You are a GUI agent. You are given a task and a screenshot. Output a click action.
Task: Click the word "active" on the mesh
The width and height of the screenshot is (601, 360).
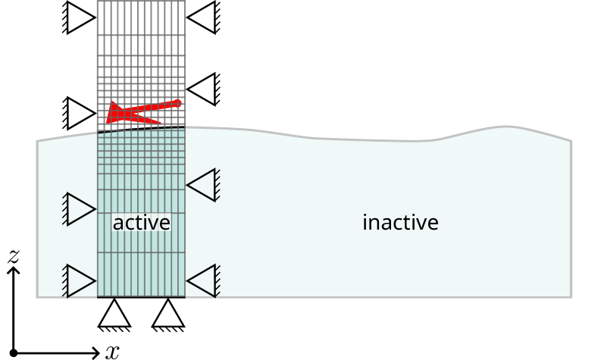click(141, 223)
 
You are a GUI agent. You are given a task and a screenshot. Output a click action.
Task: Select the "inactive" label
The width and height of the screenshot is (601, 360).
click(400, 223)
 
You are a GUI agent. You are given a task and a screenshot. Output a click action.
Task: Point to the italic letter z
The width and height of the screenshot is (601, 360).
click(13, 258)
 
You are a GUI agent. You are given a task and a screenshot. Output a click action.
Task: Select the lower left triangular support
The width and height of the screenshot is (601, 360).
click(80, 281)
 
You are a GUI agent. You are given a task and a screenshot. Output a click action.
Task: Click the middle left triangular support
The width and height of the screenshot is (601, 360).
click(80, 209)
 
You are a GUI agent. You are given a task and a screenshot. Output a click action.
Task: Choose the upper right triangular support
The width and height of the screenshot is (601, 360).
click(202, 185)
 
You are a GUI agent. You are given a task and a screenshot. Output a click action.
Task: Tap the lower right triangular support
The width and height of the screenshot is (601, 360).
click(202, 281)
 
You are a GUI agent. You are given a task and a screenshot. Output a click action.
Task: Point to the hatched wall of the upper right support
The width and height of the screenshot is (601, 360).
click(217, 185)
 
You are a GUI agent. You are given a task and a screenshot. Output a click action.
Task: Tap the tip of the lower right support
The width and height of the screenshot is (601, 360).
click(188, 281)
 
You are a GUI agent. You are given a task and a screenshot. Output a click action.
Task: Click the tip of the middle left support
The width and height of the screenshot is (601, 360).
click(95, 209)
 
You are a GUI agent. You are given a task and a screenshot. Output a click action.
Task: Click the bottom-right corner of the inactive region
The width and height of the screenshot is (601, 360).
click(571, 297)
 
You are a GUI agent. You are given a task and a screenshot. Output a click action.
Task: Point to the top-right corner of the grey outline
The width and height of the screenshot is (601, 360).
click(571, 141)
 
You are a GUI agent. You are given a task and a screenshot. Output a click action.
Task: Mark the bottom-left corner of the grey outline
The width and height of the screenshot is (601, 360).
click(38, 297)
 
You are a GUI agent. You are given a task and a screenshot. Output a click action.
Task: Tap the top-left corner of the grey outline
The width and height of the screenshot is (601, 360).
click(38, 141)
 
